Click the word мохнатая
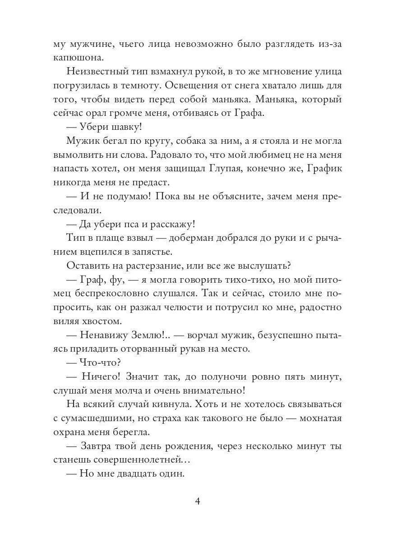point(319,418)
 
